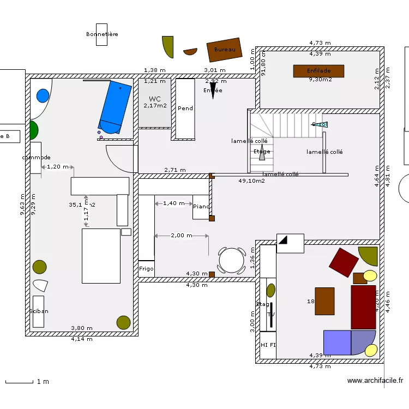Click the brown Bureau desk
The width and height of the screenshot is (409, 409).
(x=224, y=50)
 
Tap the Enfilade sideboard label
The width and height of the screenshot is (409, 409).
(x=318, y=71)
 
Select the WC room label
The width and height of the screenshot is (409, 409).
(x=155, y=99)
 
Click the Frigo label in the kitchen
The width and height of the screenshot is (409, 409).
(x=146, y=269)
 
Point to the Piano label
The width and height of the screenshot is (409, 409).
(x=201, y=207)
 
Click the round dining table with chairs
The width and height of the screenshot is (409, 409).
(x=232, y=260)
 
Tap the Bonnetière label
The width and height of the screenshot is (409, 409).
(x=102, y=34)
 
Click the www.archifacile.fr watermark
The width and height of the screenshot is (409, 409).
(x=375, y=381)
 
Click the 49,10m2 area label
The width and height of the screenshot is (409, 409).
(x=251, y=181)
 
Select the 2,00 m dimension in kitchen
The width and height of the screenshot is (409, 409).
(x=181, y=236)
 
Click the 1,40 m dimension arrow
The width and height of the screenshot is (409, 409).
(x=174, y=203)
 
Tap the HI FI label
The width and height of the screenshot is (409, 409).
(x=268, y=345)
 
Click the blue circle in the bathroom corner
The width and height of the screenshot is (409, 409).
(x=42, y=96)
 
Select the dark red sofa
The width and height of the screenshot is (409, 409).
(x=363, y=306)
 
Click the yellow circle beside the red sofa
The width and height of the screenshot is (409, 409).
(x=370, y=275)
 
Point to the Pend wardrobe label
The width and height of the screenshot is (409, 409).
(x=185, y=109)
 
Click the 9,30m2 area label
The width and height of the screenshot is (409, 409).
(x=320, y=80)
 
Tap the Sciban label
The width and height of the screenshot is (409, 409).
(x=39, y=311)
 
